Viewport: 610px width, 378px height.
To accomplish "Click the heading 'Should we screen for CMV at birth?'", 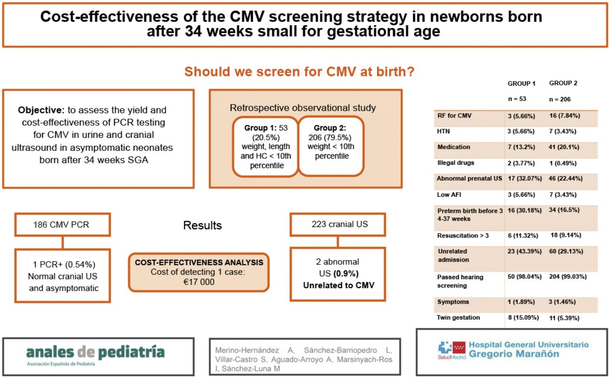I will (299, 72).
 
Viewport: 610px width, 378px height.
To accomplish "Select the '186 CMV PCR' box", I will (62, 225).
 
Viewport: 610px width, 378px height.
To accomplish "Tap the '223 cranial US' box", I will (337, 224).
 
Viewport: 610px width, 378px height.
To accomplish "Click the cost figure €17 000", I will (199, 282).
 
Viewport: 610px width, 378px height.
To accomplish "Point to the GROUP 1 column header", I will (521, 84).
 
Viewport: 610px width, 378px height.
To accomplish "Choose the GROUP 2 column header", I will (563, 83).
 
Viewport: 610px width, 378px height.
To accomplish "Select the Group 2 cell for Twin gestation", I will (564, 318).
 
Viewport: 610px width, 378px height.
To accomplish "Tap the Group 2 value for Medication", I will (564, 147).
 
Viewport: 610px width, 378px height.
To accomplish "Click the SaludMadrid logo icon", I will (451, 349).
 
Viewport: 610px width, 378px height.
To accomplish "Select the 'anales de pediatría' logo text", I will (95, 352).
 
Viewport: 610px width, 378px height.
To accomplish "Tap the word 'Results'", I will (202, 225).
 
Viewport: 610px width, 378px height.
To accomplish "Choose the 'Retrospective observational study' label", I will (302, 108).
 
